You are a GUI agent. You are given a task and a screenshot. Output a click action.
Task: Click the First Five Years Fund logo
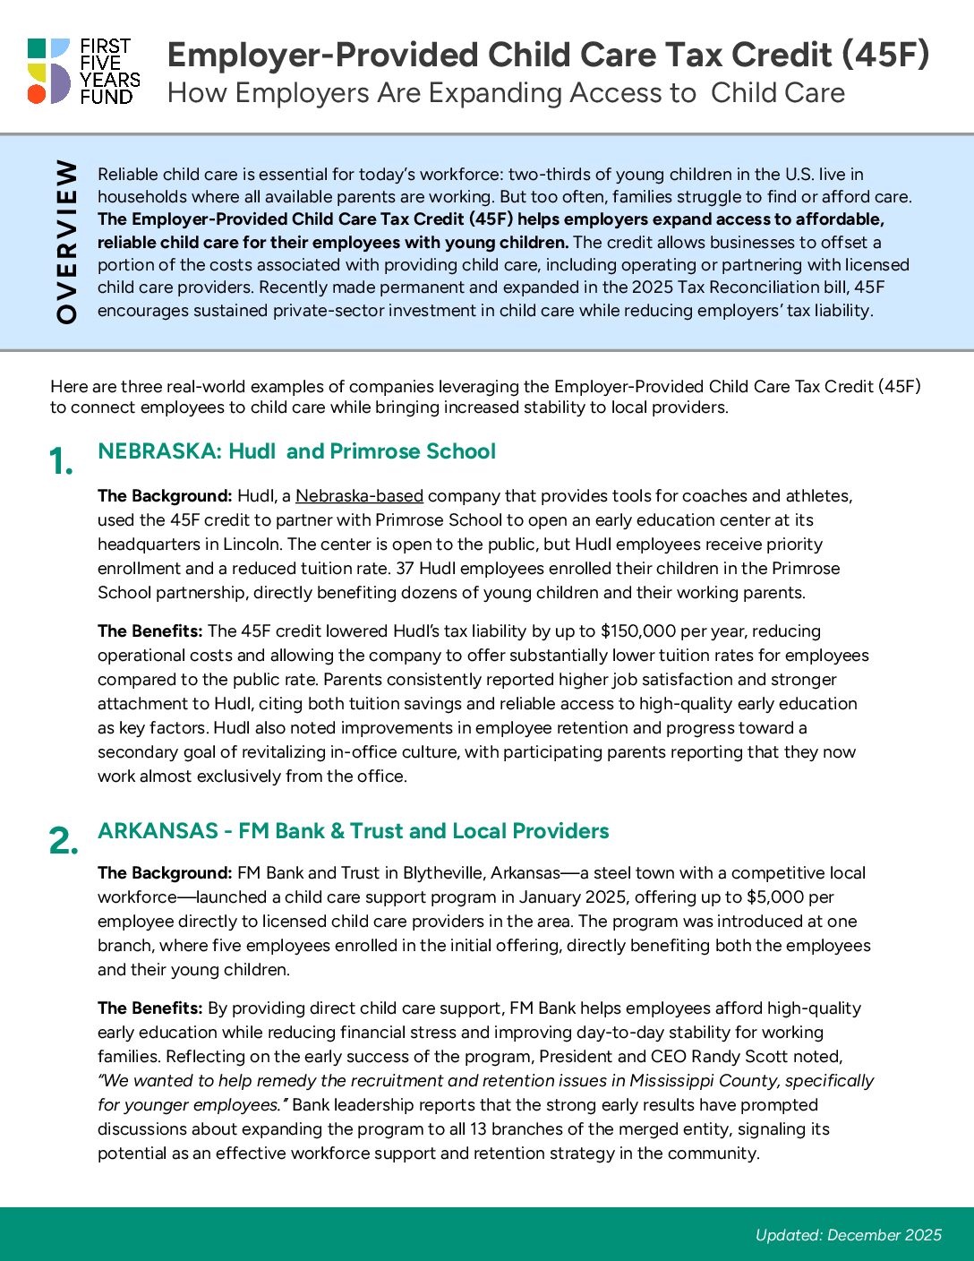[x=83, y=71]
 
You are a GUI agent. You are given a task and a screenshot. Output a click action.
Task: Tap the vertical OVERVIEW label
[x=67, y=241]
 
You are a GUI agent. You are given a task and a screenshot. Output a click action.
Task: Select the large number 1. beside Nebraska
[x=61, y=462]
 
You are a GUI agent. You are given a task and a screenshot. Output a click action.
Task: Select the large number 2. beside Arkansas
[x=63, y=841]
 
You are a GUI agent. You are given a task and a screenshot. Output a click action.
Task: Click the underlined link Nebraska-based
[x=359, y=496]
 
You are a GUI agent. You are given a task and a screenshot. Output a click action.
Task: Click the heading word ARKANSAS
[x=158, y=831]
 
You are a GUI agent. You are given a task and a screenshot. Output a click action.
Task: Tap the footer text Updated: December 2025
[x=848, y=1235]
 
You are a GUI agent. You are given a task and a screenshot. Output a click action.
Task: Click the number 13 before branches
[x=480, y=1129]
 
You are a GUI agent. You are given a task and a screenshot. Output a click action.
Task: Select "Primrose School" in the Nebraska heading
[x=413, y=451]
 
